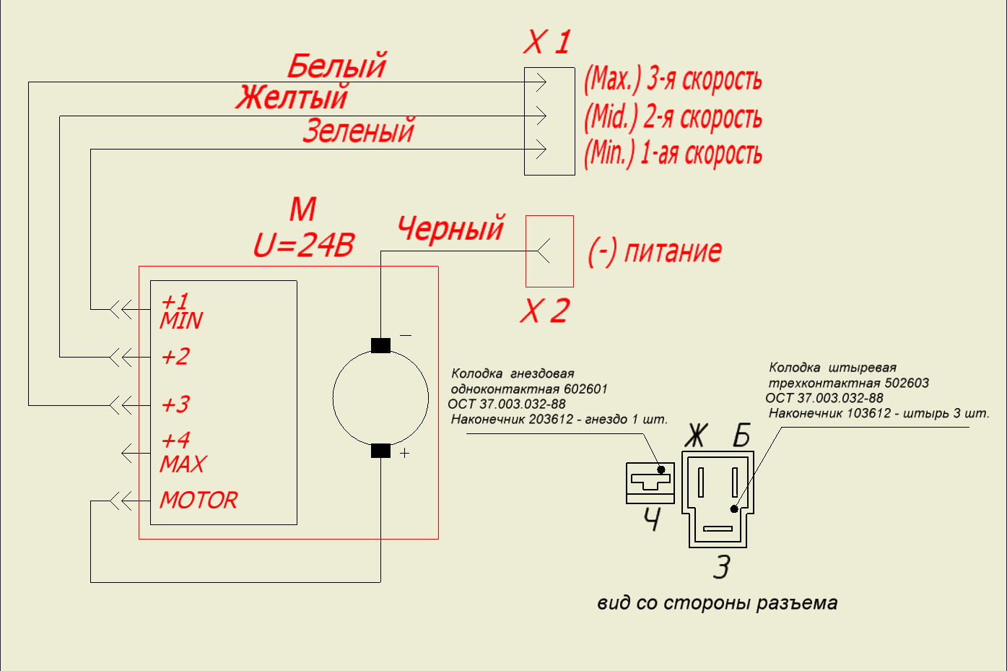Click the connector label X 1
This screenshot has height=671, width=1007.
coord(547,43)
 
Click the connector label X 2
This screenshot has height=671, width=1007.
coord(545,311)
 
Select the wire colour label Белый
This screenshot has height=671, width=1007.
coord(336,66)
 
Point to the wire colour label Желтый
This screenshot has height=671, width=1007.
coord(292,97)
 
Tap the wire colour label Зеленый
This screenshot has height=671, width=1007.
coord(359,131)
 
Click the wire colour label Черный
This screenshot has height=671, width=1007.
coord(451,228)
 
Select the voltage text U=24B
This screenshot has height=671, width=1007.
coord(304,246)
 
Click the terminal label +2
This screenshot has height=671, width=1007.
coord(175,357)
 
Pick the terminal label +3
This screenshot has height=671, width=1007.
coord(175,404)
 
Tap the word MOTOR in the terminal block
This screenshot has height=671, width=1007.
coord(199,500)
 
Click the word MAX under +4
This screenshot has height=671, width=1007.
coord(183,464)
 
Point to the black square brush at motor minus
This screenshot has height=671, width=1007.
coord(380,345)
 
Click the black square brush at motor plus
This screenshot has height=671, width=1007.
coord(380,451)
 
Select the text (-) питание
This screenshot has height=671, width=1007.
coord(655,251)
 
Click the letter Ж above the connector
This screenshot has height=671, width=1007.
coord(696,436)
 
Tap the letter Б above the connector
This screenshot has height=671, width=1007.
coord(742,436)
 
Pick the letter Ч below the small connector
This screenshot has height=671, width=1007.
coord(651,520)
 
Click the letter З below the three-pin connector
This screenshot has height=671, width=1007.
coord(722,567)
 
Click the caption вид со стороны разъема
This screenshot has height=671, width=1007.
coord(717,603)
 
